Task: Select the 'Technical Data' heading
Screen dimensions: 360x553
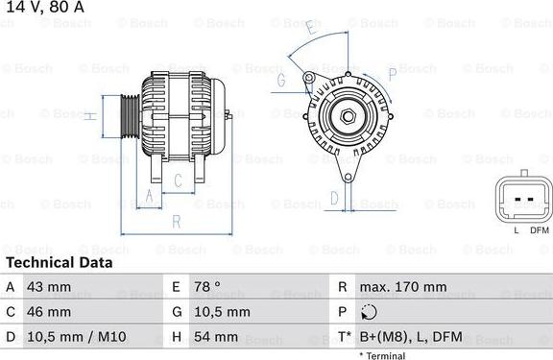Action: pyautogui.click(x=59, y=262)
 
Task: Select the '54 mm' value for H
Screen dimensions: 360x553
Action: pyautogui.click(x=218, y=337)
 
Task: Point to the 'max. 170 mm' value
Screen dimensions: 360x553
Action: pyautogui.click(x=402, y=287)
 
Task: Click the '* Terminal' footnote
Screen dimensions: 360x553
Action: pyautogui.click(x=382, y=355)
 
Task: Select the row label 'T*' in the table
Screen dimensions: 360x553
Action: pyautogui.click(x=343, y=337)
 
